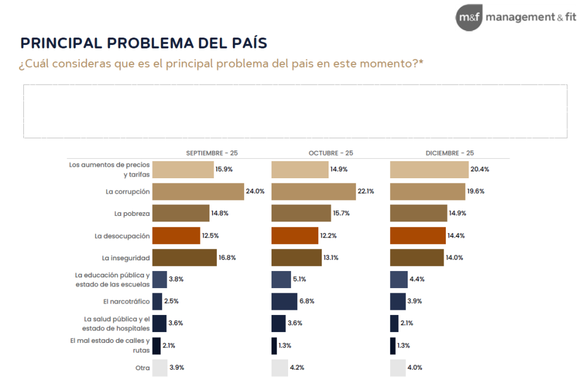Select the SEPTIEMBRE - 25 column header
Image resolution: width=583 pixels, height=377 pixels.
(x=212, y=153)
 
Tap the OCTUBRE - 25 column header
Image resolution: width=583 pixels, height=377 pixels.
(x=331, y=153)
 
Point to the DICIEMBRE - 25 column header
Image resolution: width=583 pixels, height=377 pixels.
(x=450, y=153)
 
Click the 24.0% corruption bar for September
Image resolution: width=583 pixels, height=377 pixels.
(x=197, y=191)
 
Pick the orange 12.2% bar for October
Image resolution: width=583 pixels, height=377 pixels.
(x=294, y=235)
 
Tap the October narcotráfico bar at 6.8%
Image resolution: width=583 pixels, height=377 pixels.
(x=284, y=301)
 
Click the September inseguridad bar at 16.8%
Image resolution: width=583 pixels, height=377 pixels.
(x=184, y=257)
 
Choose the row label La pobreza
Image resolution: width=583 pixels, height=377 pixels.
(x=132, y=214)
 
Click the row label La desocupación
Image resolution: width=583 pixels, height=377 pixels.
(x=122, y=235)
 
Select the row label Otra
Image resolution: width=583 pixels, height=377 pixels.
(x=142, y=368)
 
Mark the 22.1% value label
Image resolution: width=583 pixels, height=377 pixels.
(x=366, y=191)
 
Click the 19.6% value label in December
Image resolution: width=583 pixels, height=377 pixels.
(x=475, y=191)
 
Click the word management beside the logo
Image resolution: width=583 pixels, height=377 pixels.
(x=519, y=17)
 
